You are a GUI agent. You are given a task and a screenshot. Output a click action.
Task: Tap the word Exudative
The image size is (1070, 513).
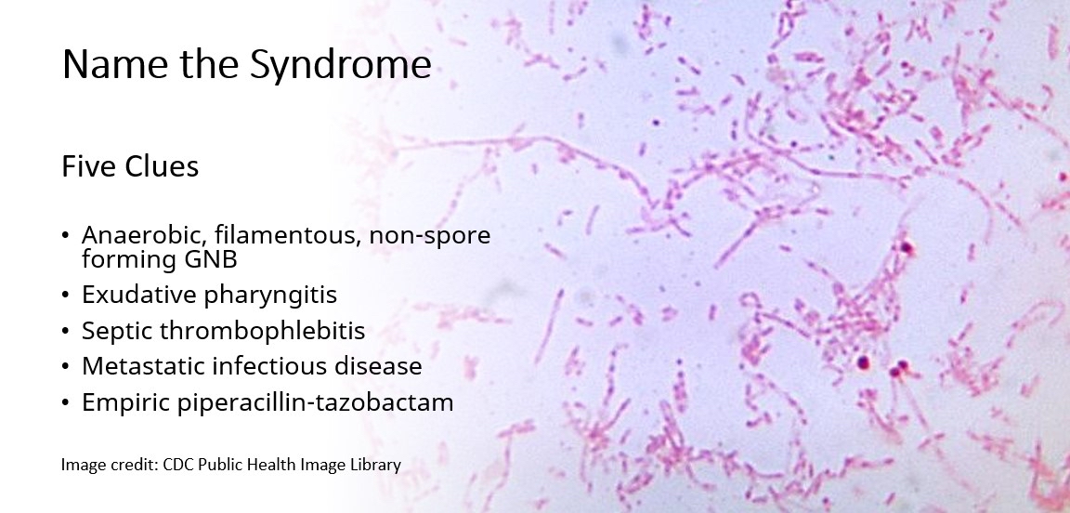[137, 295]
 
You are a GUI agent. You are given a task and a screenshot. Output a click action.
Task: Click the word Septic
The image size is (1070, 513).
[115, 331]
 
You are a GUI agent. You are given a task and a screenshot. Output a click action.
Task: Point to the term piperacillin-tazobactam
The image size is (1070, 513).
[312, 402]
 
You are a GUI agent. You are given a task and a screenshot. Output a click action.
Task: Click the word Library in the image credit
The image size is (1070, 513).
[374, 464]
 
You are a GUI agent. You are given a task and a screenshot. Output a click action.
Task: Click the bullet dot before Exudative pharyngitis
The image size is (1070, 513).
[65, 296]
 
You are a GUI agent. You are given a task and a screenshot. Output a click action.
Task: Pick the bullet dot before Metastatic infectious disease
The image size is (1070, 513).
[65, 367]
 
